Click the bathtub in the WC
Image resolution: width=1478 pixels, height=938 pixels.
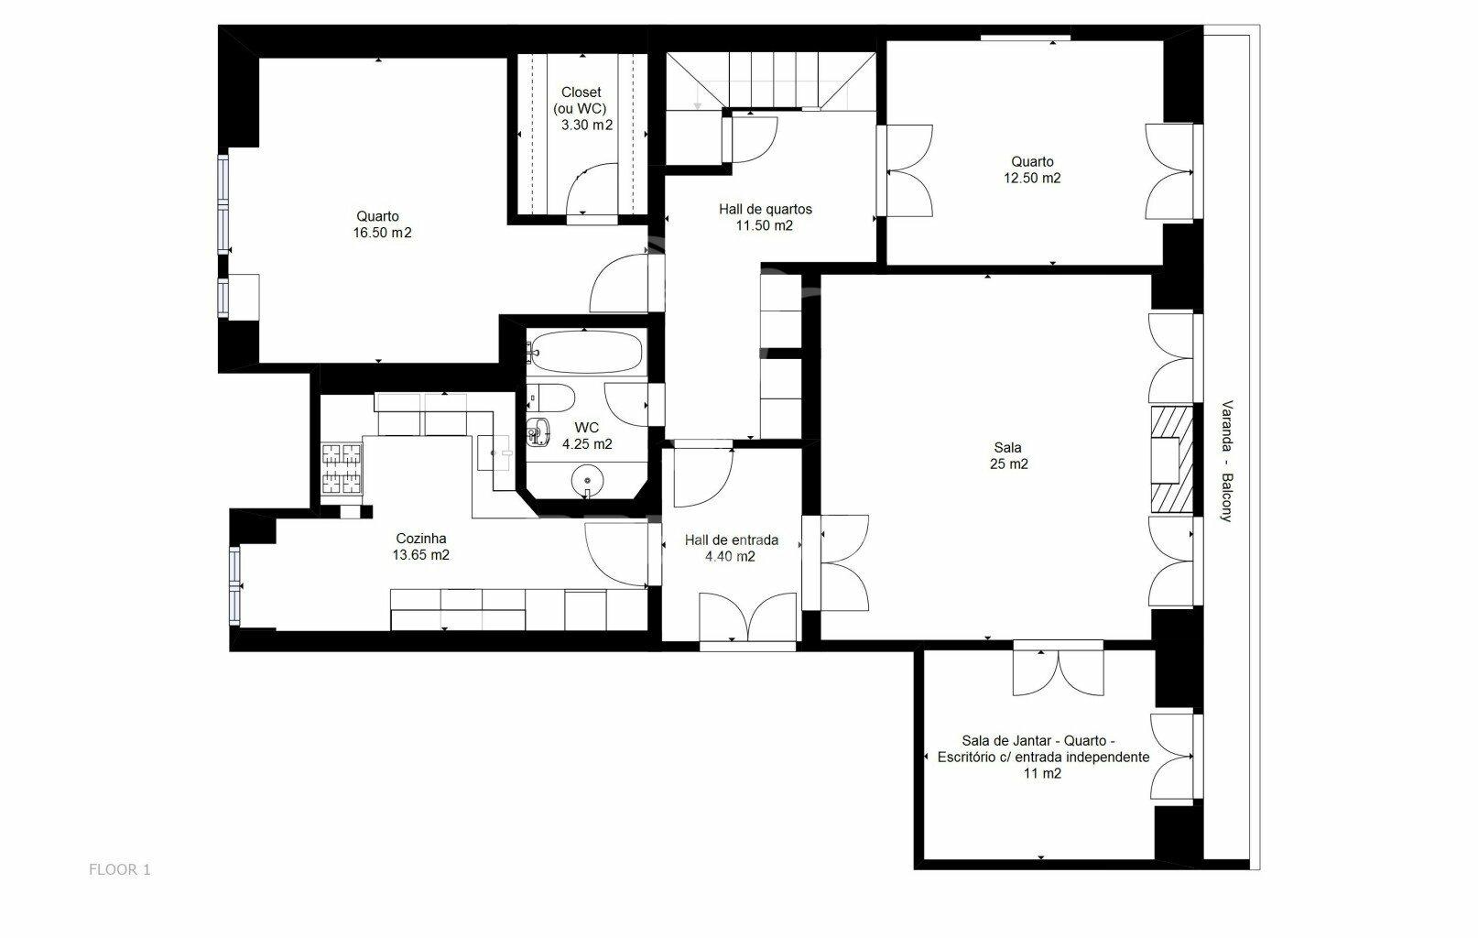coord(586,351)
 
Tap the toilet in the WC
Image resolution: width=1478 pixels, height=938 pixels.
coord(552,398)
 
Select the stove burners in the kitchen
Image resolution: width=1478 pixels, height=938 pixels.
coord(342,469)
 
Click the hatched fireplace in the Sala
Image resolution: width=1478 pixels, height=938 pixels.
coord(1172,460)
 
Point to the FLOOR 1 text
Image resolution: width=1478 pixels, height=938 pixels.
coord(119,869)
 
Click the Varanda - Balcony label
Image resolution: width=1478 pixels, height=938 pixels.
coord(1226,461)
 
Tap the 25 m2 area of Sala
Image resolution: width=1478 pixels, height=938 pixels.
coord(1008,464)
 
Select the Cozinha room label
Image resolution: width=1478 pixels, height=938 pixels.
coord(420,539)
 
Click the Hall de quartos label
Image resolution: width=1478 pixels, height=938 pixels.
coord(766,209)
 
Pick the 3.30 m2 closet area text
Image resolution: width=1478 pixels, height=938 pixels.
coord(587,125)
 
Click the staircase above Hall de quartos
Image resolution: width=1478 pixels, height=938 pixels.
coord(771,81)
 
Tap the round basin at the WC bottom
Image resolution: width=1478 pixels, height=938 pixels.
coord(587,480)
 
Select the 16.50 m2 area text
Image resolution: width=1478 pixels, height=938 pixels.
coord(382,233)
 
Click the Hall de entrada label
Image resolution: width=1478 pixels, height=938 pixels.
coord(731,540)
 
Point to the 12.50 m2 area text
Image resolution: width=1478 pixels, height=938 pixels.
coord(1032,178)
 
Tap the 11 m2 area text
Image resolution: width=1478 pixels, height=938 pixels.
coord(1042,773)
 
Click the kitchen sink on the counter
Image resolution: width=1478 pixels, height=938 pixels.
coord(494,453)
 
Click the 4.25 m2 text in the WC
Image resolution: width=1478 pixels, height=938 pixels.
coord(587,444)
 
